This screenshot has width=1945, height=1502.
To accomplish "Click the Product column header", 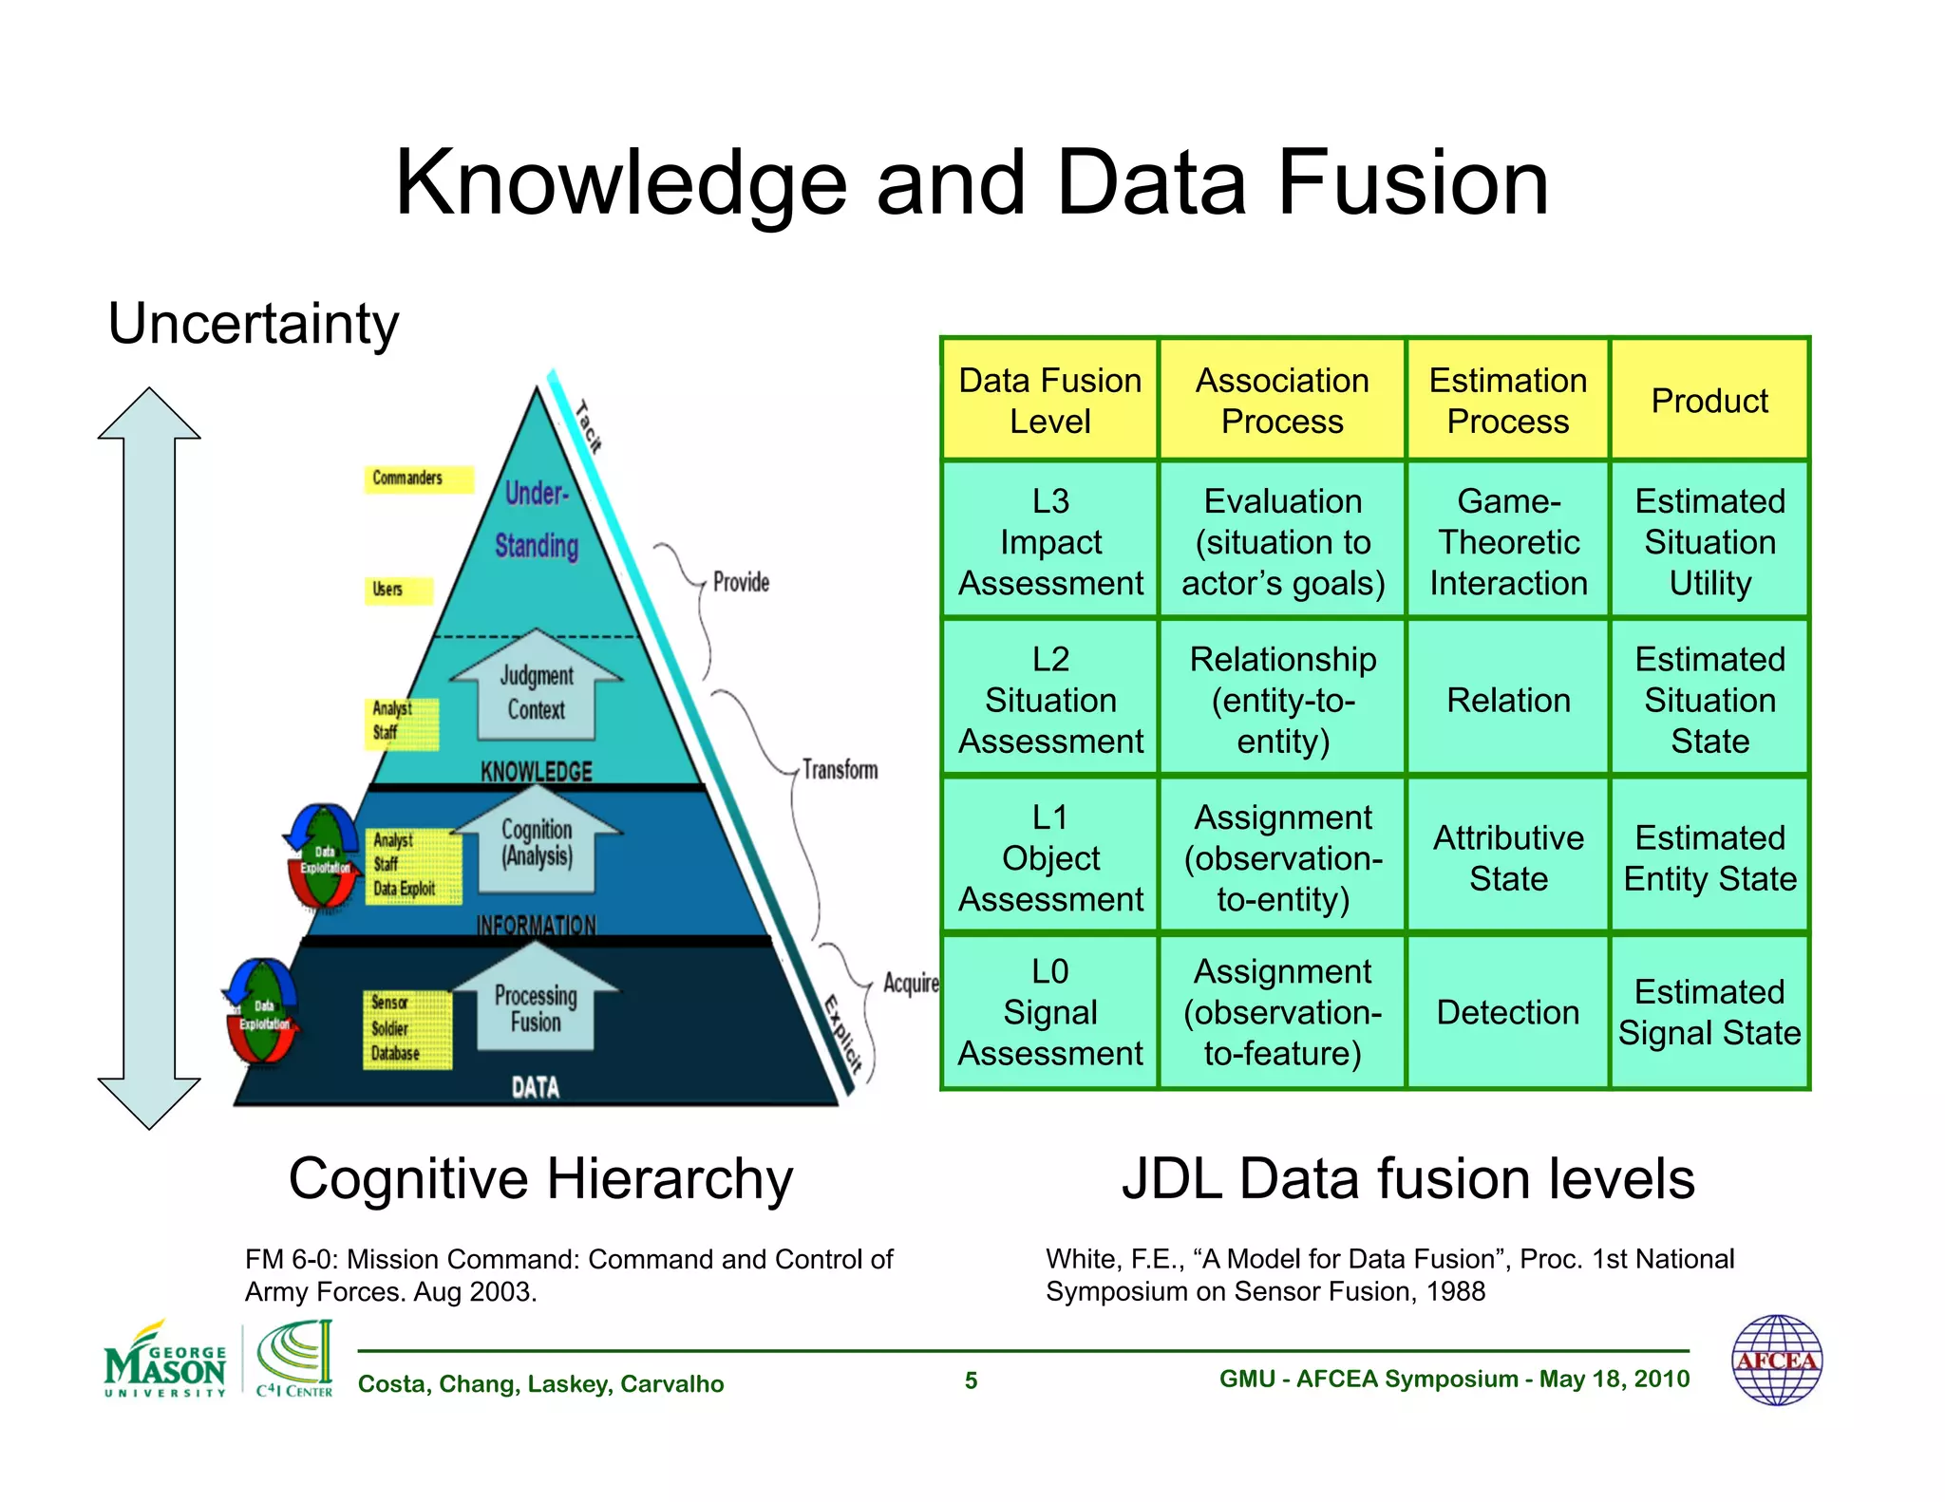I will [1709, 401].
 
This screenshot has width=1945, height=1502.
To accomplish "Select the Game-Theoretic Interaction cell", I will [1507, 541].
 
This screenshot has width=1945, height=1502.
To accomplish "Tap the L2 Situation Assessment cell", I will [1049, 700].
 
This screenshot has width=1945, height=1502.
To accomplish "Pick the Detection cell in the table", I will [1507, 1012].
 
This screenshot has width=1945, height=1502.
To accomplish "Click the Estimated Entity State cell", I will [1709, 857].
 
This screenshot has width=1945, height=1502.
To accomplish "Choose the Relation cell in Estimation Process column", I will [1507, 700].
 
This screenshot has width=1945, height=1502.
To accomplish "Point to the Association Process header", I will [1281, 401].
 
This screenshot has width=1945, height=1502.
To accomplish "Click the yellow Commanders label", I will [417, 479].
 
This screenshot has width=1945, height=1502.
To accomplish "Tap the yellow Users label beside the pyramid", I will [397, 590].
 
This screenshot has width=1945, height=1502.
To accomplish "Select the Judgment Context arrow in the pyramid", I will [537, 690].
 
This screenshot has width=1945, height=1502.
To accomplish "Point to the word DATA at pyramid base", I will [536, 1087].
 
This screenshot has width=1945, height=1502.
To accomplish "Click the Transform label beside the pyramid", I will [840, 769].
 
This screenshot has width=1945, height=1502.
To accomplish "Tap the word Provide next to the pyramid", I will [741, 582].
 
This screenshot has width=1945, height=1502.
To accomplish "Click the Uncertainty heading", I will [254, 324].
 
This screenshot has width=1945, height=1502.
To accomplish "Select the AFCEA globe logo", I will [1776, 1361].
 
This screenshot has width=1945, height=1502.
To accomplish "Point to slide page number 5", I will [971, 1380].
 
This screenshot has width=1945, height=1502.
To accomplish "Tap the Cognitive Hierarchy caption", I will [540, 1179].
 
